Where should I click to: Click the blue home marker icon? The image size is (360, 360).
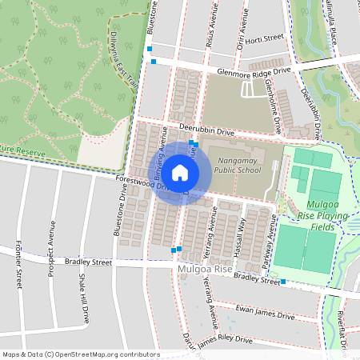(180, 173)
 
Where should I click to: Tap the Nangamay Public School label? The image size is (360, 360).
(238, 164)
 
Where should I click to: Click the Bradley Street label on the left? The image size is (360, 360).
(89, 262)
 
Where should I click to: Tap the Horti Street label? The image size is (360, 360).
(266, 37)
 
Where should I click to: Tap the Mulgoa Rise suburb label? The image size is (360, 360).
(205, 270)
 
